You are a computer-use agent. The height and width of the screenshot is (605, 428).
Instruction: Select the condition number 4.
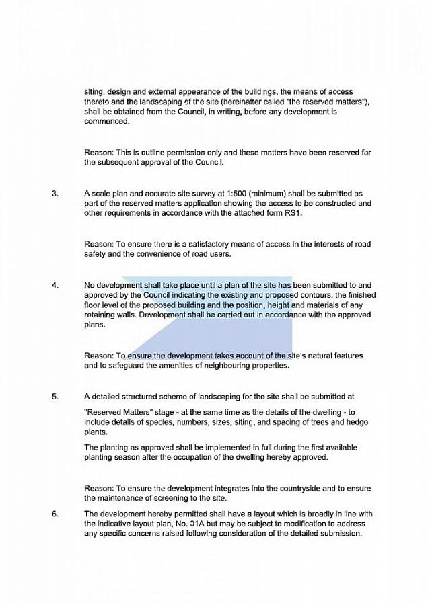pos(55,284)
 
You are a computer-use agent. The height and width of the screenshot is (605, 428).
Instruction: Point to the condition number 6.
pos(55,514)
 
